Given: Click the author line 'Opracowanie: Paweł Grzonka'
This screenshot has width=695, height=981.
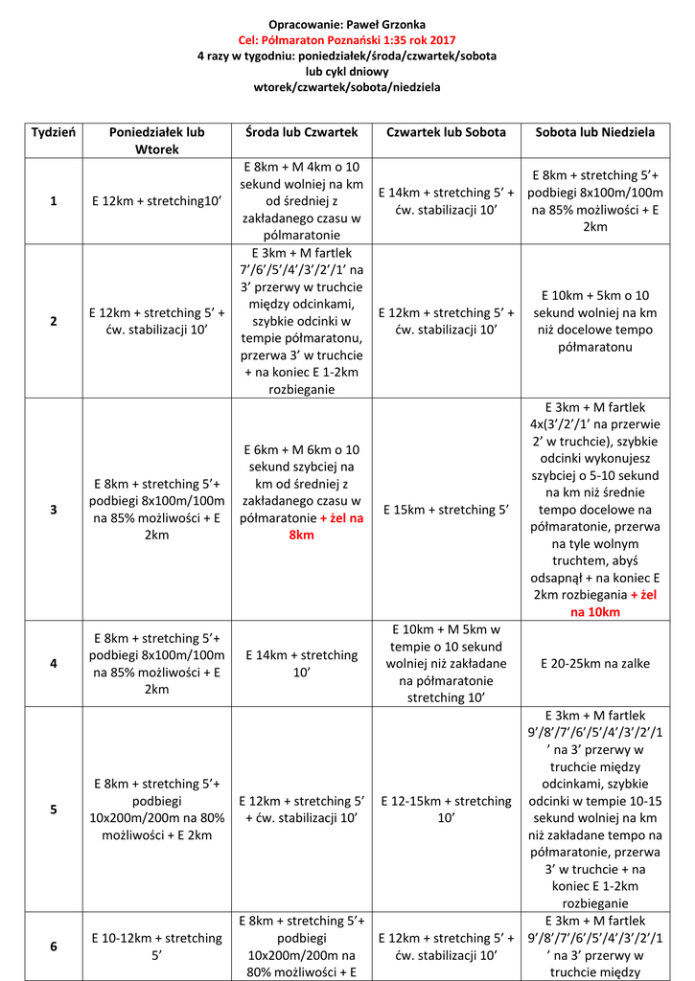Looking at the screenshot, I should point(347,22).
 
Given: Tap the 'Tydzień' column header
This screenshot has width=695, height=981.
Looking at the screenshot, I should point(54,131).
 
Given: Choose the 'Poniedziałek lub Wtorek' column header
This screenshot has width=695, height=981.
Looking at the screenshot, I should point(157,140).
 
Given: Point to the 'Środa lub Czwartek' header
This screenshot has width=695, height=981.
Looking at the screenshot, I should point(301,131).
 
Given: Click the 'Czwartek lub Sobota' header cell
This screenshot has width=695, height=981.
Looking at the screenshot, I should point(446,131).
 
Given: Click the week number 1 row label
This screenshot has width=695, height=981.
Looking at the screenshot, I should point(54,201).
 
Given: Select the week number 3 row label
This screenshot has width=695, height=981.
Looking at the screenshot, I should point(54,510).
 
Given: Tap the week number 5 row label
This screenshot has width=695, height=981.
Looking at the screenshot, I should point(54,810).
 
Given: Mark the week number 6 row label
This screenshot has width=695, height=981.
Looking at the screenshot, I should point(54,946).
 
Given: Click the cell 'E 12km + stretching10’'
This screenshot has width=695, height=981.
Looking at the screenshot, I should point(157,201).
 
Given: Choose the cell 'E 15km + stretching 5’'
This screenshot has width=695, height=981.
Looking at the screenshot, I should point(446,510).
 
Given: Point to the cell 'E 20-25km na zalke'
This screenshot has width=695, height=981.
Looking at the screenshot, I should point(594,663).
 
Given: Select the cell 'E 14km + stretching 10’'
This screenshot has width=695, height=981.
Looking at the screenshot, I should point(301,663).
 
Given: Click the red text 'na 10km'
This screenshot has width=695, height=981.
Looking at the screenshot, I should point(594,612).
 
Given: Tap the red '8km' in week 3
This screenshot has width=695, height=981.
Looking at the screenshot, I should point(301,535).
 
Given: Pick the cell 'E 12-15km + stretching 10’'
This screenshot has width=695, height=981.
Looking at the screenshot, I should point(446,810).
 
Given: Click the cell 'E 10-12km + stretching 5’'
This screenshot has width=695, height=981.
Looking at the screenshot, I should point(157,946).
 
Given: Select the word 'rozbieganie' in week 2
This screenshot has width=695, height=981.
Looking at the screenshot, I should point(301,389).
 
